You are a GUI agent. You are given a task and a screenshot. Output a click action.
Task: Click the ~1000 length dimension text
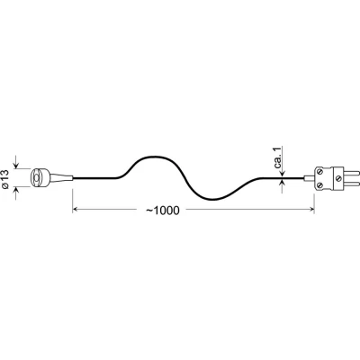point(163,211)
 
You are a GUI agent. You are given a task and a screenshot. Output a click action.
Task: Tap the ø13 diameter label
point(5,179)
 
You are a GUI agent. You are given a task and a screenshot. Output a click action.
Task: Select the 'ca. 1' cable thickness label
point(278,157)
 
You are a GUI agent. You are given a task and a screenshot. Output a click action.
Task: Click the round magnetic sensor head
point(40,178)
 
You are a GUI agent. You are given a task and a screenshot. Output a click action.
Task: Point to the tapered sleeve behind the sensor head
point(61,178)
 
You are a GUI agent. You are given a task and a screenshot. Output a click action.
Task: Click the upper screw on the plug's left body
point(320,172)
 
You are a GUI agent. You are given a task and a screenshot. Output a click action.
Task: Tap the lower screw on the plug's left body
point(320,185)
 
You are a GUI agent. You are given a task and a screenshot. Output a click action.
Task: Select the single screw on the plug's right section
point(338,178)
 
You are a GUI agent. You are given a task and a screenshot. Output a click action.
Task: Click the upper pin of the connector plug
point(351,174)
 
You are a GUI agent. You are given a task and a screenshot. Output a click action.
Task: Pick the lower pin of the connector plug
point(351,184)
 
